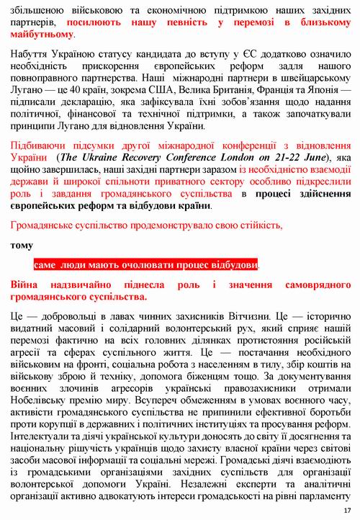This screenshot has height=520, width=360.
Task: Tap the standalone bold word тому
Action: [x=22, y=246]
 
